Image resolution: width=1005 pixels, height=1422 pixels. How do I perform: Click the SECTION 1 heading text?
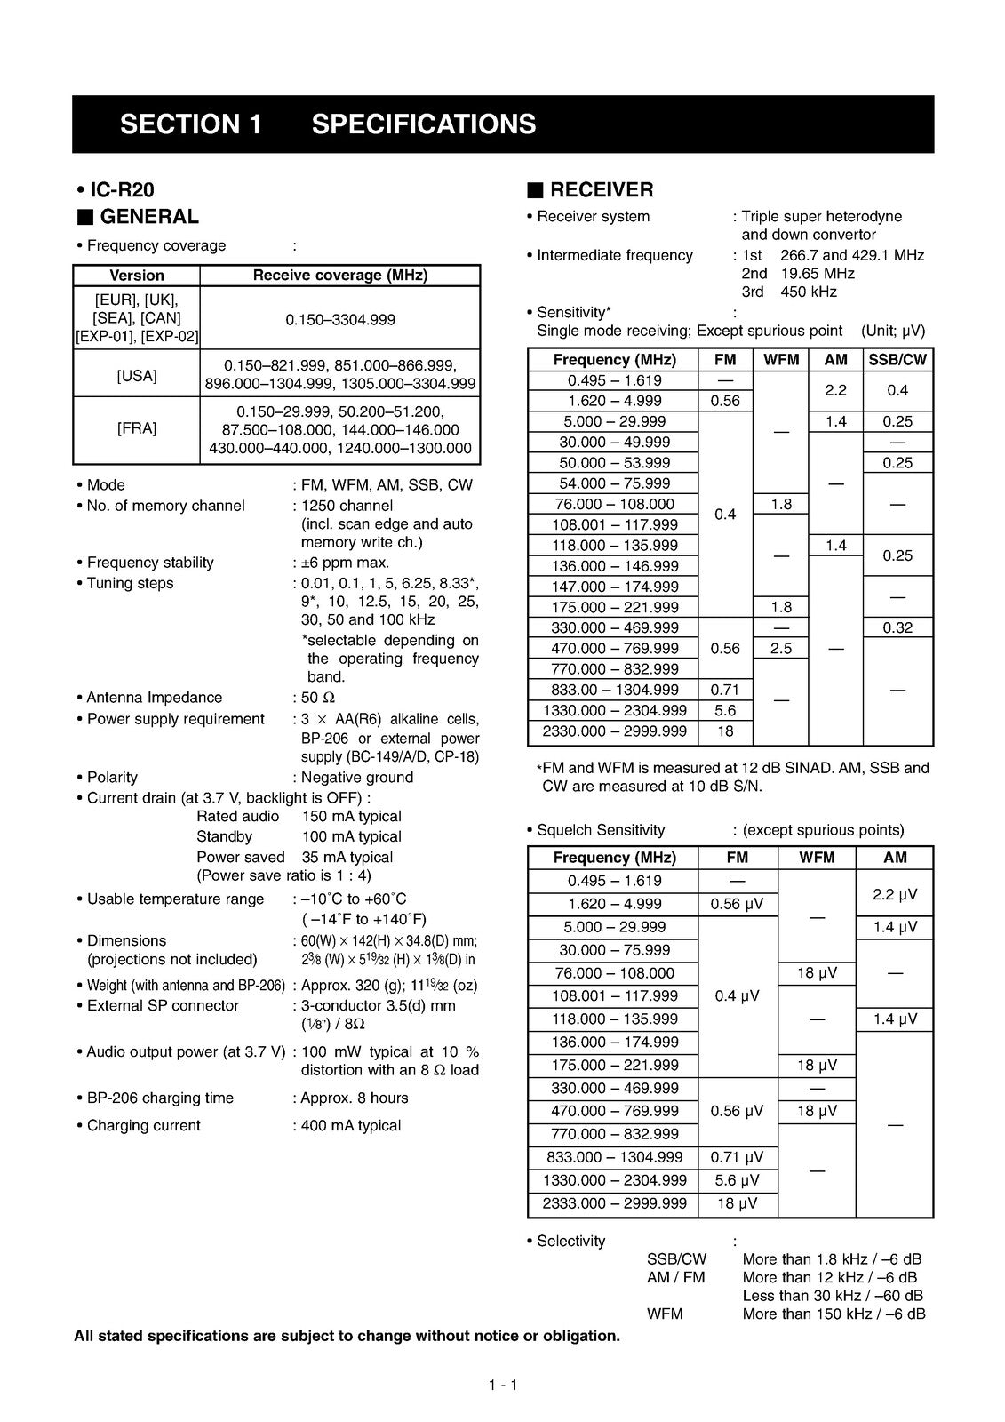[191, 124]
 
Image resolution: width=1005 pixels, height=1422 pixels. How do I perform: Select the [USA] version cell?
[137, 376]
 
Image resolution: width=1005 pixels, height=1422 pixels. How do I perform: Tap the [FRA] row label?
[137, 429]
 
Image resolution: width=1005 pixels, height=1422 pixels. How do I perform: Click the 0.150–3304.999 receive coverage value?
[340, 320]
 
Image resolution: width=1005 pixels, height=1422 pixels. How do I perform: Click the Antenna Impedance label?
[155, 698]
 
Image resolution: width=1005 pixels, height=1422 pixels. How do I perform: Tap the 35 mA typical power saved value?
[347, 858]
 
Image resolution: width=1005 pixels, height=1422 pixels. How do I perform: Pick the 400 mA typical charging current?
[351, 1126]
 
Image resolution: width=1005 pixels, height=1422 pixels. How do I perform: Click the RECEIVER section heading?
[602, 190]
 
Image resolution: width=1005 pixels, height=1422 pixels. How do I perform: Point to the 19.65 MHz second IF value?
[818, 274]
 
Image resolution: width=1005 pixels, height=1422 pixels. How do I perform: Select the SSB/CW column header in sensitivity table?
[897, 360]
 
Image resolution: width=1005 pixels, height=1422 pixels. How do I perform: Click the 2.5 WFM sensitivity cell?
[781, 649]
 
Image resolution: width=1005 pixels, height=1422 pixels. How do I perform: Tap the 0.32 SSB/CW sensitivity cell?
[897, 628]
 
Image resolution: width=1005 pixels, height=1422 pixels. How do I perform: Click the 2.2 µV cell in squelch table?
[895, 893]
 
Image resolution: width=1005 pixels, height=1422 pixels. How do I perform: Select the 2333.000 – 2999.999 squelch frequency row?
[614, 1203]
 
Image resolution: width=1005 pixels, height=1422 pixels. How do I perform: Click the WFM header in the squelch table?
[817, 858]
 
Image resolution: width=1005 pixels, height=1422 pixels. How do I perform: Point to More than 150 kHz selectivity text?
[834, 1314]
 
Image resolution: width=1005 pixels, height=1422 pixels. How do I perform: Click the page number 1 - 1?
[502, 1385]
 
